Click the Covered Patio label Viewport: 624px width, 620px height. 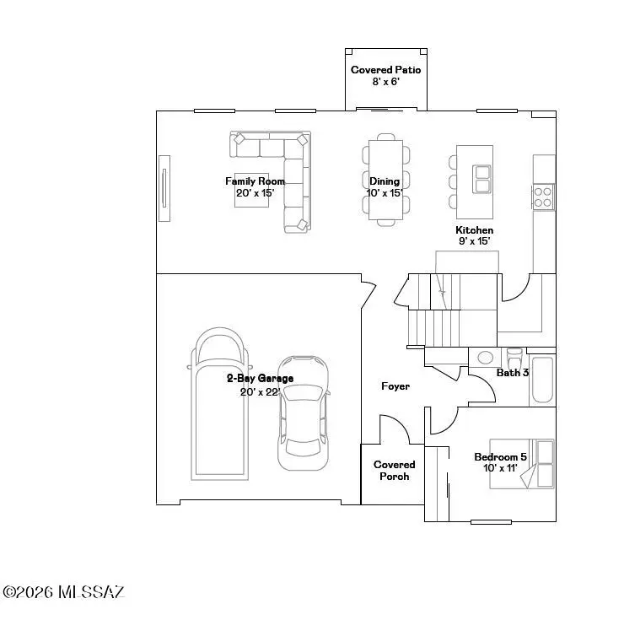(x=385, y=75)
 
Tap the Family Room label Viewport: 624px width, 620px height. (x=255, y=186)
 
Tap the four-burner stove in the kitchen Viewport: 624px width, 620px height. (x=543, y=197)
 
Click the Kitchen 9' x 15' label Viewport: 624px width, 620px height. (x=474, y=235)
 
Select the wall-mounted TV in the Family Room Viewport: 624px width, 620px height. (x=165, y=188)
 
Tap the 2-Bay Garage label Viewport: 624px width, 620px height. (x=260, y=384)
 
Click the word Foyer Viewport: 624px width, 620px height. (x=395, y=386)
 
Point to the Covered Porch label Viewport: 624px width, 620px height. (x=395, y=471)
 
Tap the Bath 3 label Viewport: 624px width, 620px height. (x=512, y=372)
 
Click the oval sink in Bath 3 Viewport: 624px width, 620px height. (x=486, y=357)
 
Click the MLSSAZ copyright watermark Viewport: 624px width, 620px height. (x=63, y=592)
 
